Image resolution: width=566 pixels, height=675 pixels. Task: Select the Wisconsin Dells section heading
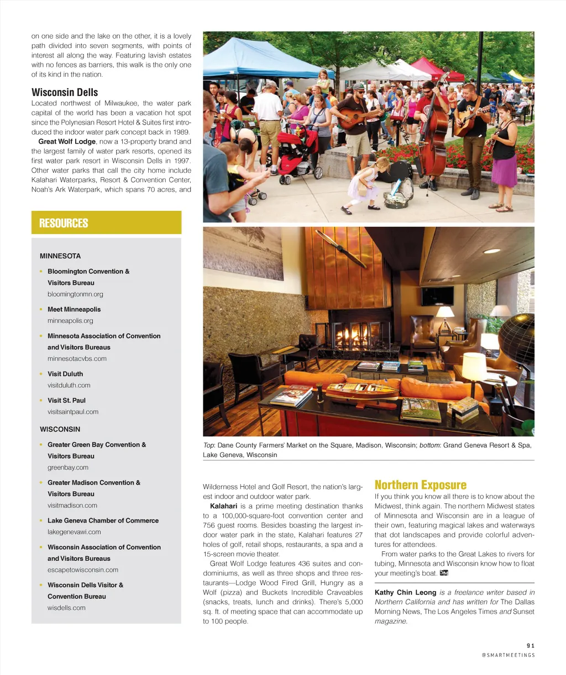[65, 92]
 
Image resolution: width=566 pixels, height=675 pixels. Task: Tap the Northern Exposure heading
[420, 485]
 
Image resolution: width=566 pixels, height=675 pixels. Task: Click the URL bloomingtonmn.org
[75, 294]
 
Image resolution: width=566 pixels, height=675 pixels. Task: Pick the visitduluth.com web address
[69, 385]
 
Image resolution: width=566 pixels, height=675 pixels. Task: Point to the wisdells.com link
[66, 608]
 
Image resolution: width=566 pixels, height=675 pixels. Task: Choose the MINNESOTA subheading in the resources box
[60, 256]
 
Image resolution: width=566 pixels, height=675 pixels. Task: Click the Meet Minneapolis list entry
[74, 309]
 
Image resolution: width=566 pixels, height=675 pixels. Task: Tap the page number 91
[531, 645]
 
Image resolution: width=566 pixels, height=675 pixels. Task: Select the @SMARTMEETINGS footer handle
[508, 655]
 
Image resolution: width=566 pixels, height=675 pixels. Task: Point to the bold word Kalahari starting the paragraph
[223, 506]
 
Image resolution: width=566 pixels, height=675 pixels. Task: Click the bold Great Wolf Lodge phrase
[67, 142]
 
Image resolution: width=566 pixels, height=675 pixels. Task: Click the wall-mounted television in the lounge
[429, 296]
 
